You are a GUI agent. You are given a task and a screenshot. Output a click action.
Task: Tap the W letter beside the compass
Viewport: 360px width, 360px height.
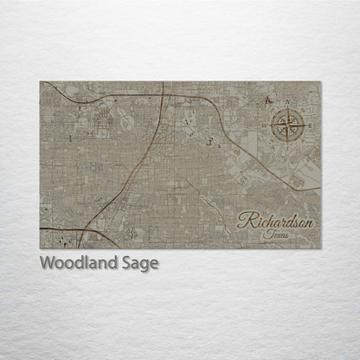[264, 124]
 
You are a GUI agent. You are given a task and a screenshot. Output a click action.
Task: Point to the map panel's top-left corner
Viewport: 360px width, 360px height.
[40, 81]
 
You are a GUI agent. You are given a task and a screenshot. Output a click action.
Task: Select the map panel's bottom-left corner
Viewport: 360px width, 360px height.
[40, 248]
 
